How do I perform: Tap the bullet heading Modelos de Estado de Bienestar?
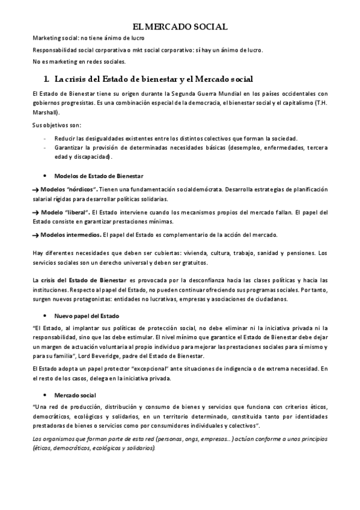[99, 176]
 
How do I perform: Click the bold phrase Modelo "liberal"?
[64, 212]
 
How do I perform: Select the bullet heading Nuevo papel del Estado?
[87, 316]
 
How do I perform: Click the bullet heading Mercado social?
[75, 395]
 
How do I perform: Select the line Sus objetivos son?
[53, 125]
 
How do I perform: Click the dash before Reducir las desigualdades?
[46, 138]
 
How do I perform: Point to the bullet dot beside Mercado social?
[46, 395]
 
